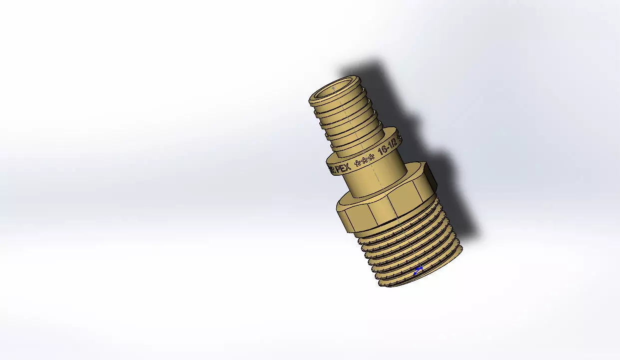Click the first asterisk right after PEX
tap(357, 162)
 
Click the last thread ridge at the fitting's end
tap(422, 277)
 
